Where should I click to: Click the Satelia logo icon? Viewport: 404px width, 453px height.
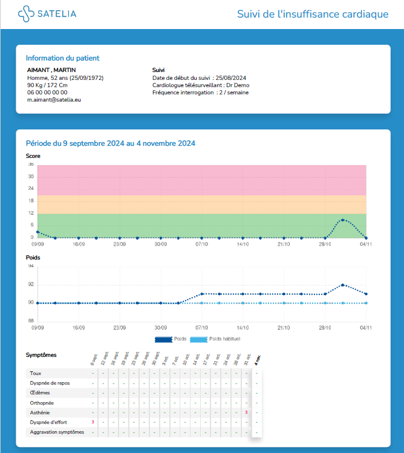[27, 14]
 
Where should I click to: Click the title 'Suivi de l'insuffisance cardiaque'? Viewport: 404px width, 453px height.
[312, 14]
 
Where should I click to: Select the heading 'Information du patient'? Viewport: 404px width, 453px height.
[62, 58]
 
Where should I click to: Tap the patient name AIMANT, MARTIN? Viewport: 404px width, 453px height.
[51, 70]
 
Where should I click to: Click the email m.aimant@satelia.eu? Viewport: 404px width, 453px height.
[54, 100]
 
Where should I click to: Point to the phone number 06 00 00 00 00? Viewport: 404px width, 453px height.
[47, 93]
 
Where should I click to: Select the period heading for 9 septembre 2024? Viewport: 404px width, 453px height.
[110, 143]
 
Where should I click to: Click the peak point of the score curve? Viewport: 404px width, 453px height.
[343, 220]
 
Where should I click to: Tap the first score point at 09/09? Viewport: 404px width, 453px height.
[37, 232]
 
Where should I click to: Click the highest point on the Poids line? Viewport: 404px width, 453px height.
[343, 285]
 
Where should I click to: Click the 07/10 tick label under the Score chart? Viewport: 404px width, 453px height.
[201, 244]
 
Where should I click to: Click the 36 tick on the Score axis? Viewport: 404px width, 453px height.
[30, 165]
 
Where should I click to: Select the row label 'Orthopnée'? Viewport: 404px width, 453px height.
[42, 402]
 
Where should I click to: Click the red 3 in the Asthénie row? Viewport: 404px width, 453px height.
[246, 412]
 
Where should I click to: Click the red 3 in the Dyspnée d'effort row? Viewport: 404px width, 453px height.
[93, 422]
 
